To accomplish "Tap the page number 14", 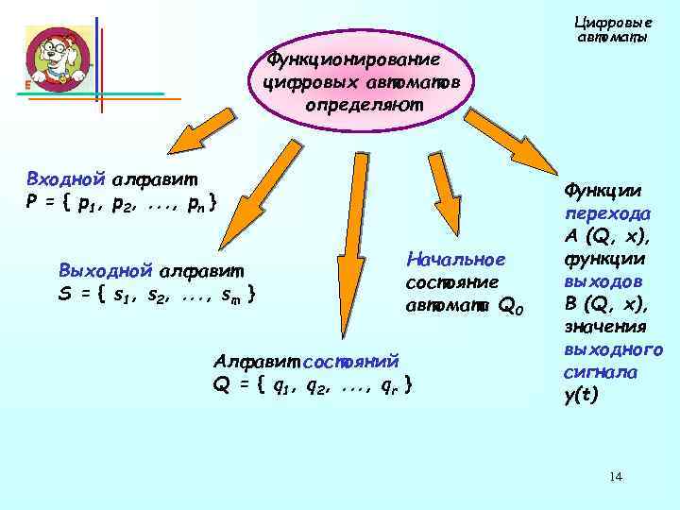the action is (616, 477).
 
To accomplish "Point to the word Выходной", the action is (95, 272).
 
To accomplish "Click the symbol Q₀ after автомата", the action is (510, 305).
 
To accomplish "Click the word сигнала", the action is (597, 373).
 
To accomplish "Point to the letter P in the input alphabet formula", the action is (33, 202).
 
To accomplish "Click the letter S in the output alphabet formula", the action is (64, 294).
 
